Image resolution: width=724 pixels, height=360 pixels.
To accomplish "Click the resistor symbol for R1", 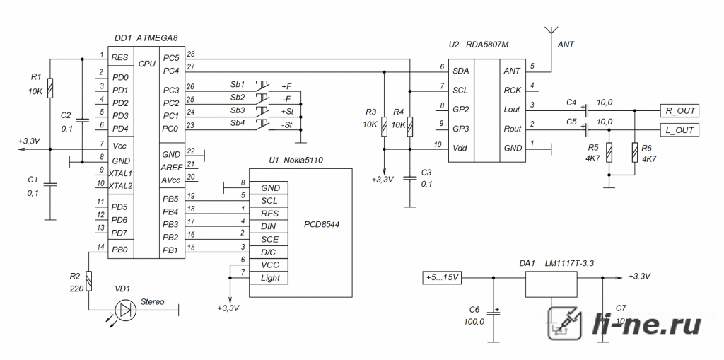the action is pos(50,88).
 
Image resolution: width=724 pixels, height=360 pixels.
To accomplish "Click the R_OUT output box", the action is pos(679,111).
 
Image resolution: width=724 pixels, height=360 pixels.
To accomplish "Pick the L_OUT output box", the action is pos(679,130).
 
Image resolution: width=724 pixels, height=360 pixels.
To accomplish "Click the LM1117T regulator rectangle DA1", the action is pos(551,284).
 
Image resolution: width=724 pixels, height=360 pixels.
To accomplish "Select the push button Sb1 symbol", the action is pos(262,86).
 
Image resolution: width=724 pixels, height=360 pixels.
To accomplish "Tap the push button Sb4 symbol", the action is pos(262,124).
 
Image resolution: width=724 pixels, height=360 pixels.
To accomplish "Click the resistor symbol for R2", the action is pos(89,281).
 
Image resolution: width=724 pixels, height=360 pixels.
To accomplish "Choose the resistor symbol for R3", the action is pos(384,127).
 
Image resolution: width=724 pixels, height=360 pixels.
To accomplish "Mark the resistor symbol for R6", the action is pos(635,153).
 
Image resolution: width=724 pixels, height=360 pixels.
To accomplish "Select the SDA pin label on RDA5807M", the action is pos(461,71).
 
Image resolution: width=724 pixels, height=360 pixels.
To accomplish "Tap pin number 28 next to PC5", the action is pos(191,54).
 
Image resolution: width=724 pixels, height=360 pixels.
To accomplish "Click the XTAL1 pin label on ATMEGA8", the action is pos(120,174).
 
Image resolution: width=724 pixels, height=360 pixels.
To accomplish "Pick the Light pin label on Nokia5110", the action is pos(270,278).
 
